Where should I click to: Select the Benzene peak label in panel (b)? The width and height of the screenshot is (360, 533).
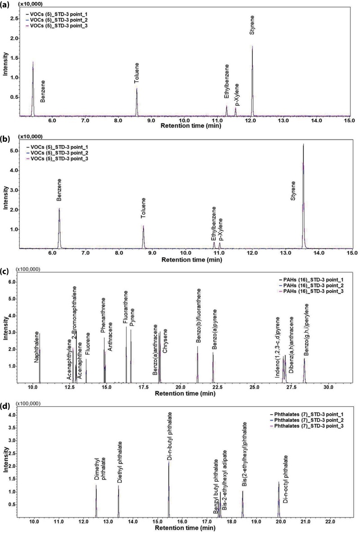(59, 190)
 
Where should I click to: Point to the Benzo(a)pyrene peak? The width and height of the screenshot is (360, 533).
(213, 364)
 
